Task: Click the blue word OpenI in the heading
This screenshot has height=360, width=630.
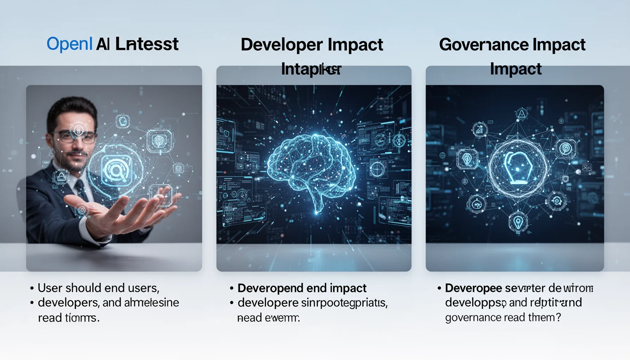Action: tap(69, 44)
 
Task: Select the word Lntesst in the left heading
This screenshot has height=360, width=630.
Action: tap(147, 44)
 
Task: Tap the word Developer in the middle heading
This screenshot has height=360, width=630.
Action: tap(281, 45)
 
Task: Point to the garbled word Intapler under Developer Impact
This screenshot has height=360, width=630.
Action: tap(311, 69)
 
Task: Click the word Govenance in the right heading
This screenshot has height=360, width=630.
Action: tap(483, 45)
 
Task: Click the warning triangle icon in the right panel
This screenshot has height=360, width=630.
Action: tap(522, 114)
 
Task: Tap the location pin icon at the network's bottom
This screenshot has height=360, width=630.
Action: tap(518, 222)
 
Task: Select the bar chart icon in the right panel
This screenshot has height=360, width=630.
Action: tap(479, 130)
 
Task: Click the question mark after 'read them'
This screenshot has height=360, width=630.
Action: tap(558, 317)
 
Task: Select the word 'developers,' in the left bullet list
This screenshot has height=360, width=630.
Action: tap(68, 303)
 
